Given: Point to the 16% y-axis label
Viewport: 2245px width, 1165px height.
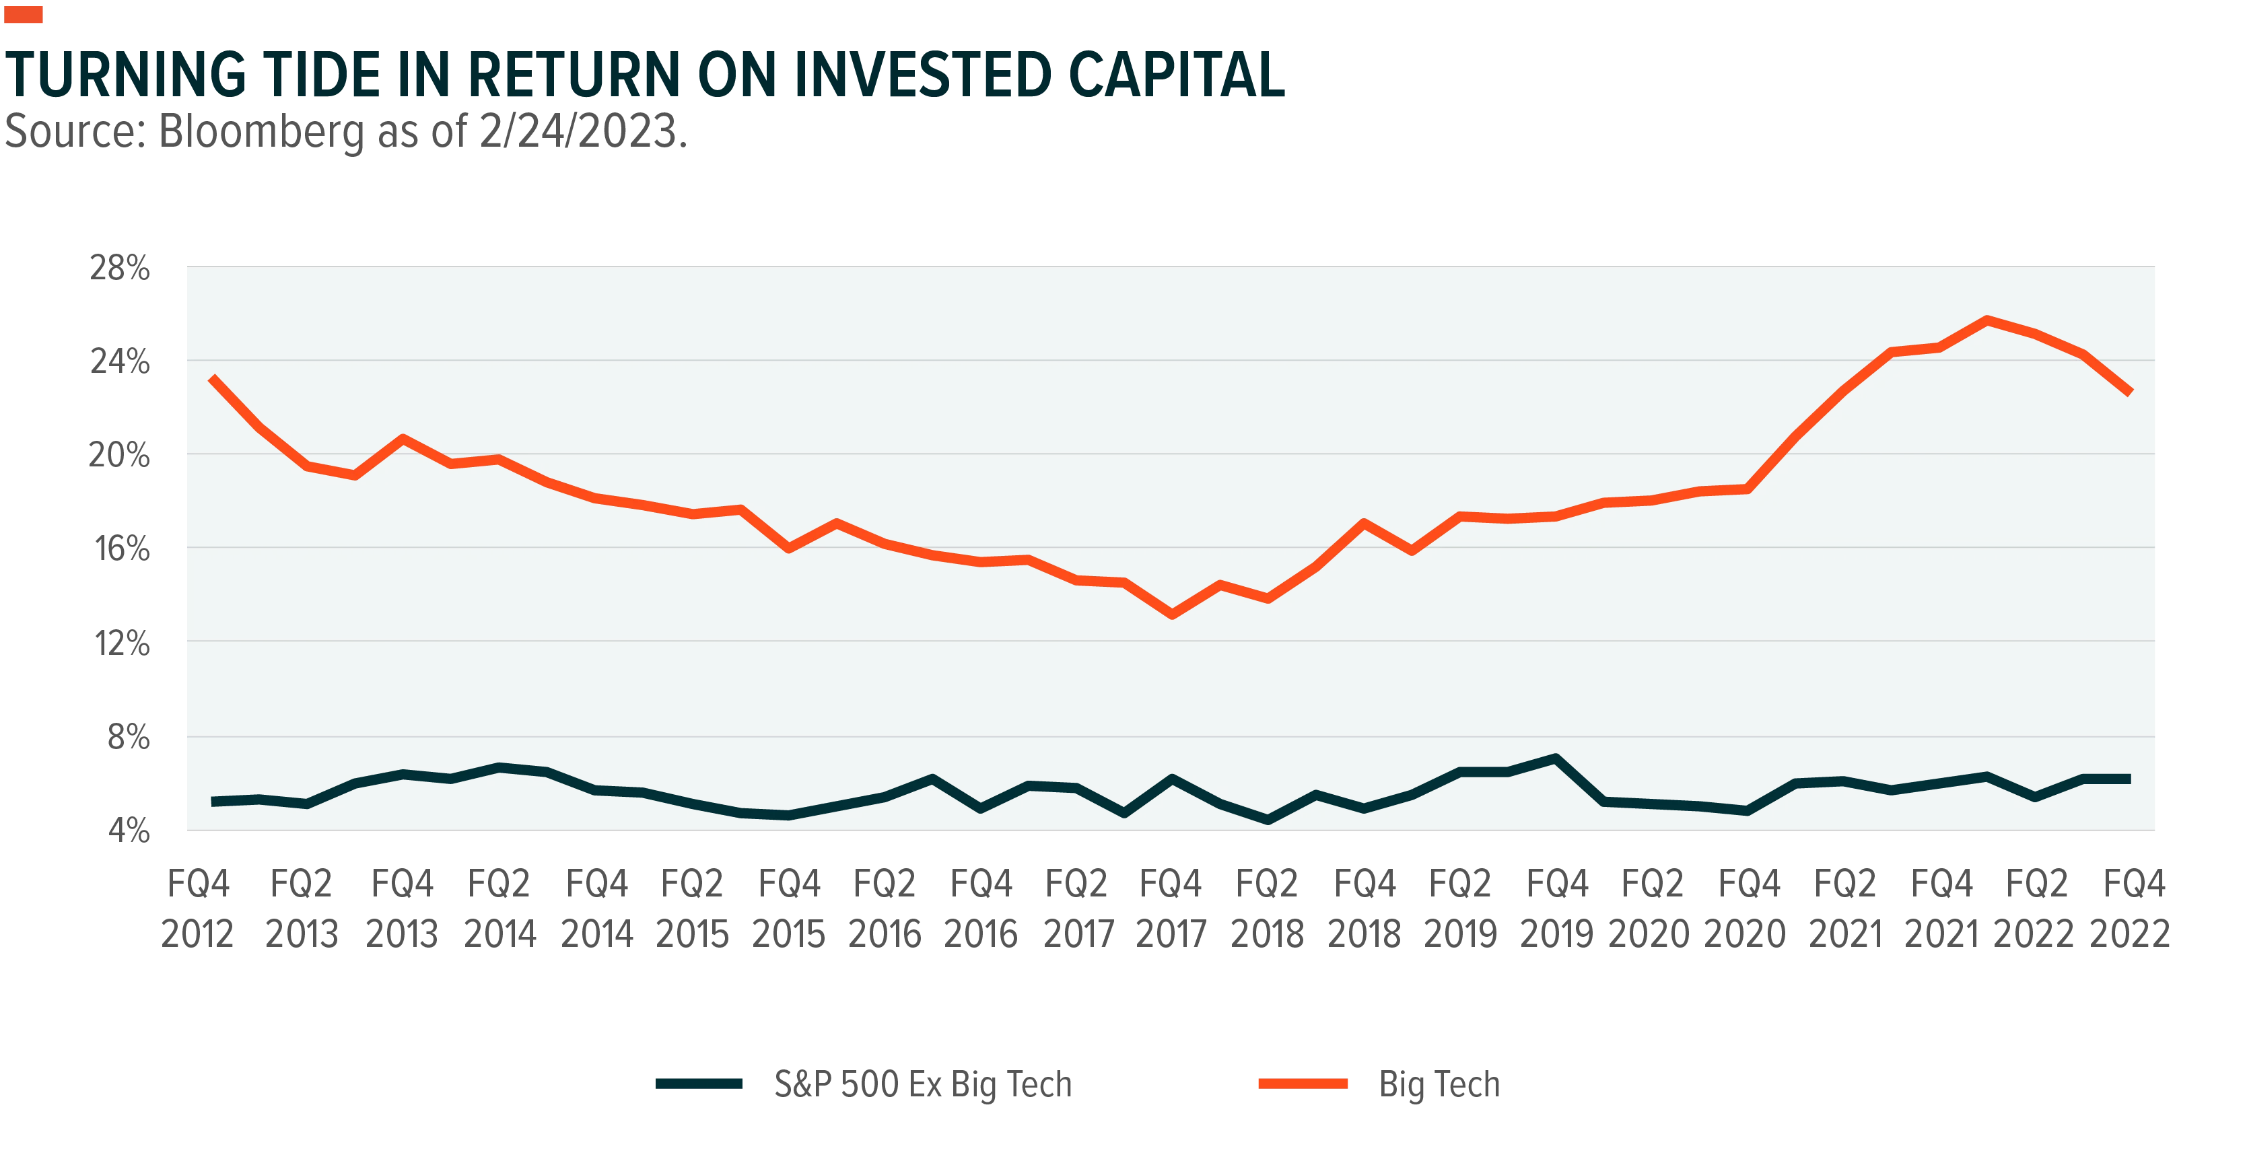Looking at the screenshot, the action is coord(122,549).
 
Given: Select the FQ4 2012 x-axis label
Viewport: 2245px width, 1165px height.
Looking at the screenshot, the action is coord(198,909).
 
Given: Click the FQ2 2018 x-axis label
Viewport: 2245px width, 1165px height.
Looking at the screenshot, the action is coord(1267,909).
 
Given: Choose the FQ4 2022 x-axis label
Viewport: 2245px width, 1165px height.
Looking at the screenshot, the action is coord(2130,909).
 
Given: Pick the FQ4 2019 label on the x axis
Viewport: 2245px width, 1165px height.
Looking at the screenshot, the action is coord(1558,909).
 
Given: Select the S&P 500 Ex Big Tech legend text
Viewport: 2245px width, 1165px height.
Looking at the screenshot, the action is coord(923,1085).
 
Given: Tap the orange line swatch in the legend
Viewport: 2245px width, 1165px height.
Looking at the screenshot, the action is coord(1303,1084).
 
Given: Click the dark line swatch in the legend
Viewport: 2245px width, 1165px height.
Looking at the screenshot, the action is coord(699,1084).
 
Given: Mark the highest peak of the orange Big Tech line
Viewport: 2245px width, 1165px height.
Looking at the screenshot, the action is coord(1986,320).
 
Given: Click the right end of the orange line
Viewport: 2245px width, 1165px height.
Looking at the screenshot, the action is coord(2130,393).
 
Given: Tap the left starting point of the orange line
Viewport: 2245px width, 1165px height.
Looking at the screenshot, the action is coord(213,378).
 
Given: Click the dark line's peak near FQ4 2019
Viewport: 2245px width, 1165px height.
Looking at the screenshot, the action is coord(1556,758).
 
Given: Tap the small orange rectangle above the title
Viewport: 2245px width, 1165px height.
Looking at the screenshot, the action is coord(24,14).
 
